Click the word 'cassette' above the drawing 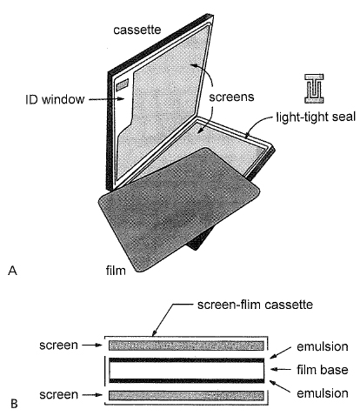tap(137, 30)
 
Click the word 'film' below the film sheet tap(110, 271)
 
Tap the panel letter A tap(12, 271)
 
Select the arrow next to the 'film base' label tap(284, 371)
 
